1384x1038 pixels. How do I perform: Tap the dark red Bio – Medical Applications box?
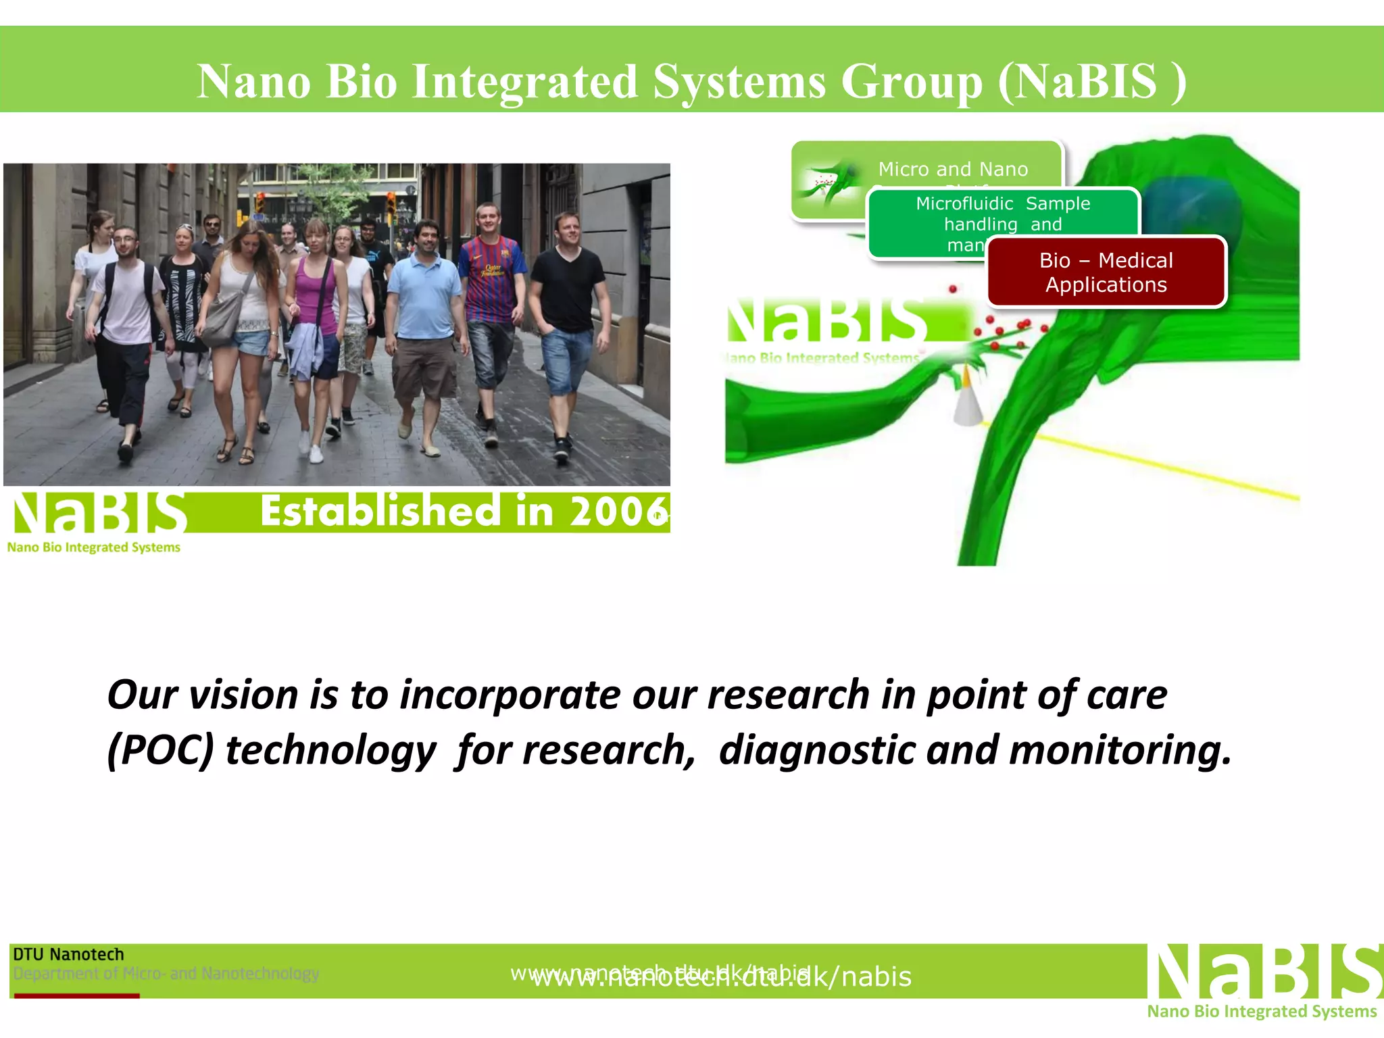(x=1106, y=272)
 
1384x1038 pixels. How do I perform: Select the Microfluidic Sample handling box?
(x=1003, y=213)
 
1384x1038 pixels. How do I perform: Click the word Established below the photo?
(x=380, y=512)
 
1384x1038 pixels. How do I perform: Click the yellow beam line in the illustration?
(x=1149, y=463)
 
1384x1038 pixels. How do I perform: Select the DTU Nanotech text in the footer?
(x=68, y=954)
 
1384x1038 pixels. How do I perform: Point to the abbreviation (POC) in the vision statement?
(x=160, y=751)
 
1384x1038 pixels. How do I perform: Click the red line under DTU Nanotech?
(x=76, y=995)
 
